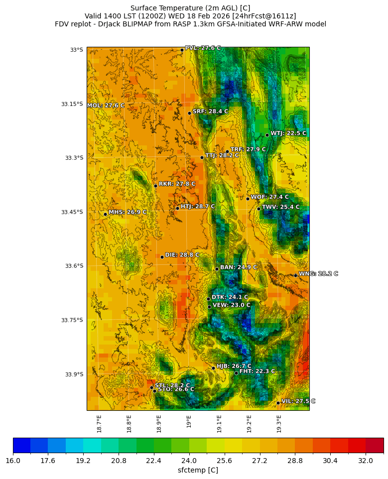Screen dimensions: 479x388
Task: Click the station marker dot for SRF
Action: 189,113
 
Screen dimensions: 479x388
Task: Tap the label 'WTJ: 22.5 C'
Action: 288,133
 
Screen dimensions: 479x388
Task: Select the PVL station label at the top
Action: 203,48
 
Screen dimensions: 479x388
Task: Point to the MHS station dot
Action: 105,214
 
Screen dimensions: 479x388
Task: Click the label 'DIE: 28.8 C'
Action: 182,255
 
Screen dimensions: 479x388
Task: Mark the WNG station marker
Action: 295,275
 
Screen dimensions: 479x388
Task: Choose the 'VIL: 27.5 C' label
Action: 298,401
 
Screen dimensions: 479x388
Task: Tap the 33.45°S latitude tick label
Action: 72,212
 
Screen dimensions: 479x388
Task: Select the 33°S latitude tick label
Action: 77,50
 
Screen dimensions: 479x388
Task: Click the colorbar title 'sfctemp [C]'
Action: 198,470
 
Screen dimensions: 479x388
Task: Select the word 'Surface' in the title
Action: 144,8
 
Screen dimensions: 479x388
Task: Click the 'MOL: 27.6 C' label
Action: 106,106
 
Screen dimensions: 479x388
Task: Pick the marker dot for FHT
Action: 236,373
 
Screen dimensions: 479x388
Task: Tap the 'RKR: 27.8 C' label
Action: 177,184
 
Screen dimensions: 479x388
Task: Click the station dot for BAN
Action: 217,269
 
